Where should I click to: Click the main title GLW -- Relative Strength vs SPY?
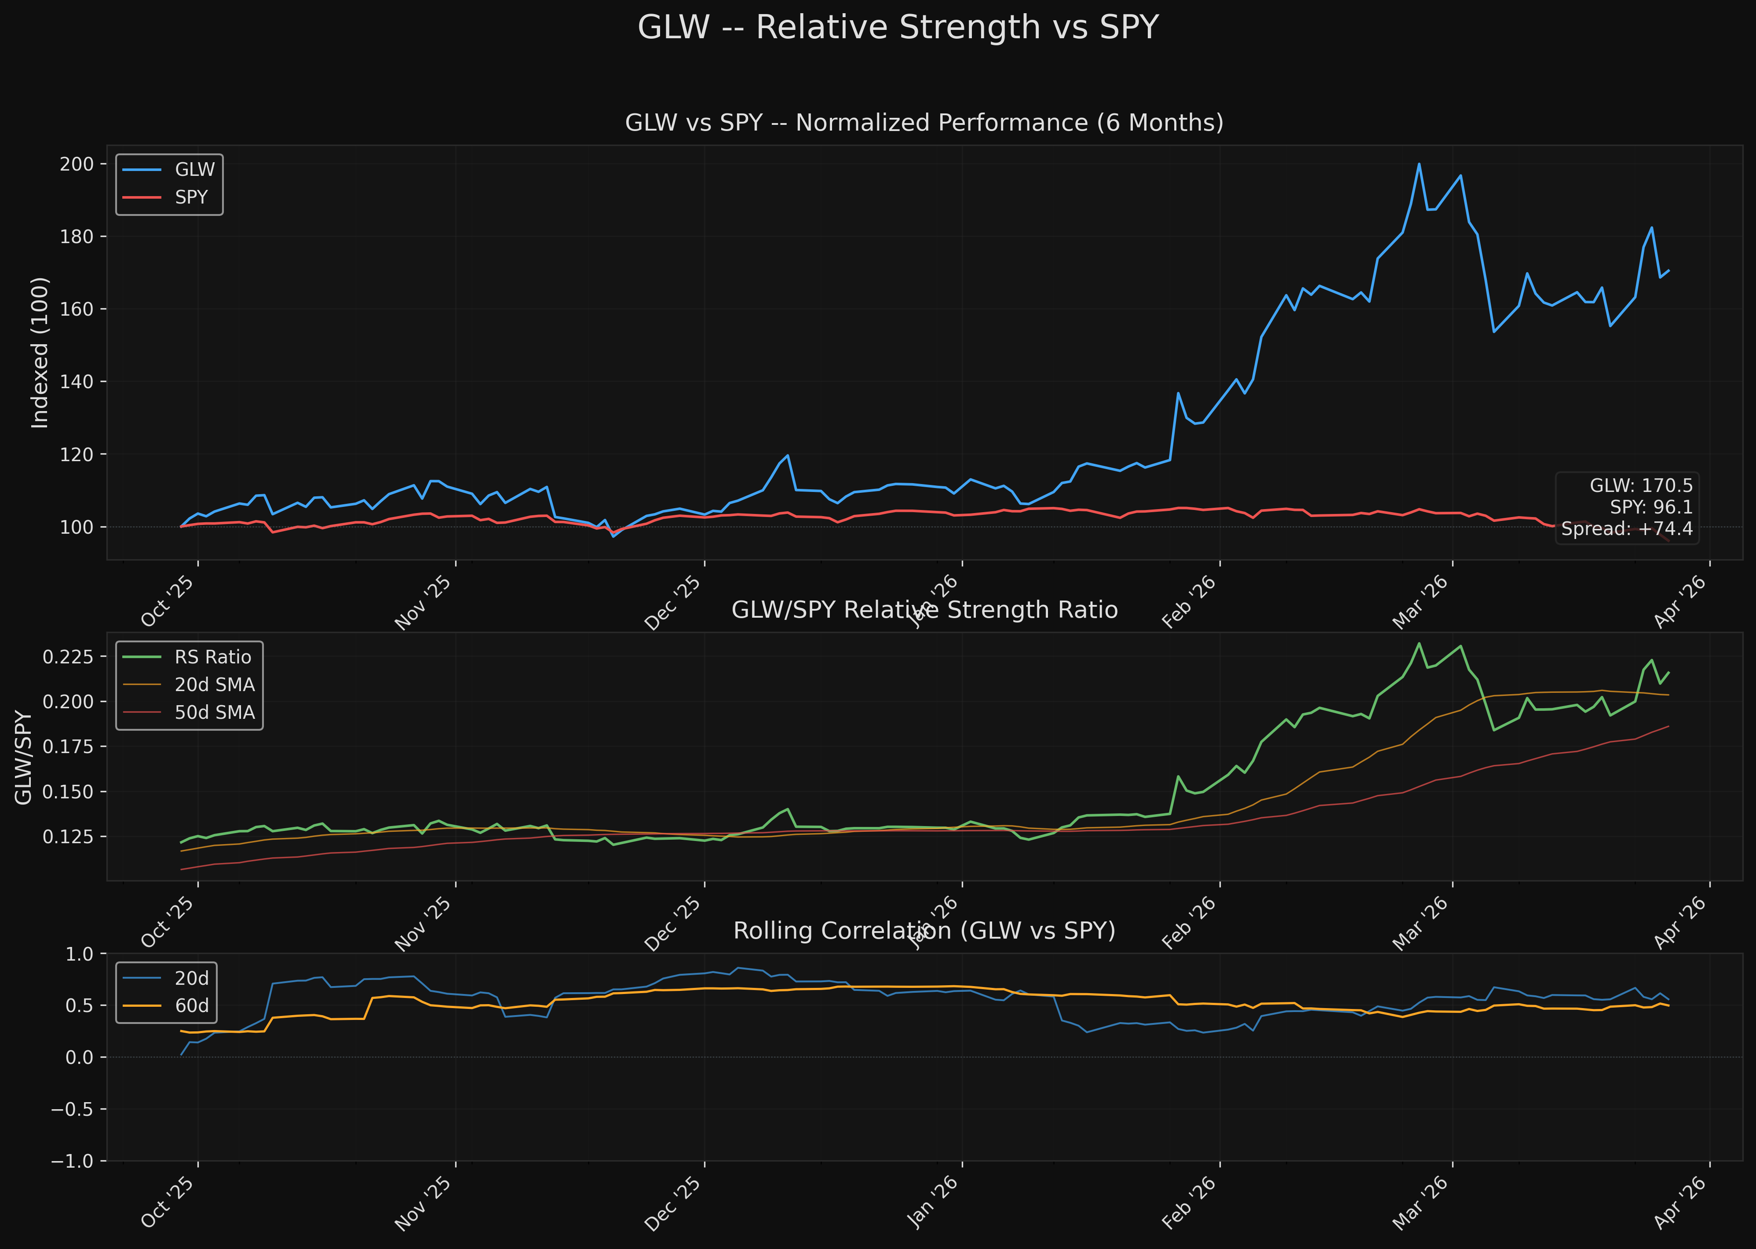point(898,28)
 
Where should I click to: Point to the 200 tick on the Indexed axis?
point(77,164)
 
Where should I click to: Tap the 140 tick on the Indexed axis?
point(77,382)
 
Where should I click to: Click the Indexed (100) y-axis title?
point(40,352)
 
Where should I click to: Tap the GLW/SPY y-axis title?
point(24,757)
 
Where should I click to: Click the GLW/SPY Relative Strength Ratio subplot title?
point(924,610)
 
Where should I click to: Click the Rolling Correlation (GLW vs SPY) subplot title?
point(924,931)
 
